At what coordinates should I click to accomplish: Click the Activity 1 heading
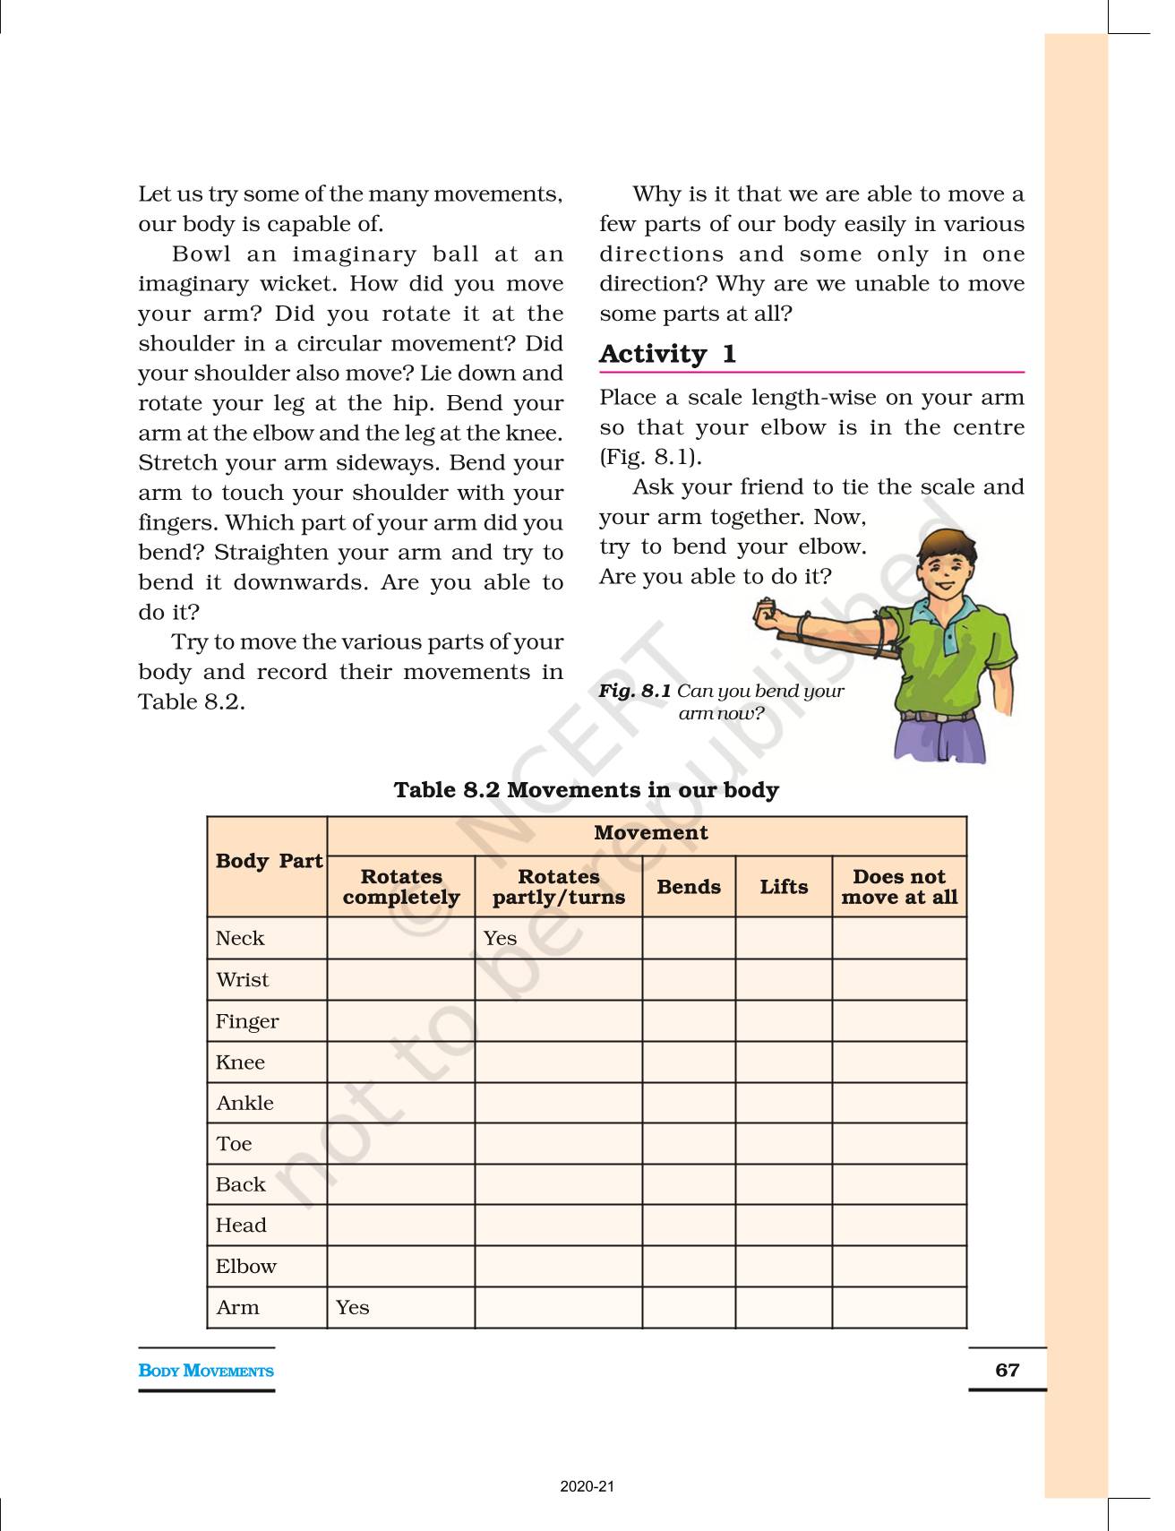click(667, 354)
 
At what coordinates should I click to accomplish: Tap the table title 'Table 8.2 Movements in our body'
click(586, 789)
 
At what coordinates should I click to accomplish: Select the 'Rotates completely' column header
click(401, 886)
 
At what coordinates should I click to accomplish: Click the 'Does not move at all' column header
click(899, 886)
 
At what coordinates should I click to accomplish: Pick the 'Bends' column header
click(688, 886)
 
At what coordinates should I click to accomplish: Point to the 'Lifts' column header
click(784, 886)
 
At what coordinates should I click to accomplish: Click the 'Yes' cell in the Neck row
click(500, 938)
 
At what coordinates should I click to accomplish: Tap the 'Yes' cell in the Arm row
click(352, 1307)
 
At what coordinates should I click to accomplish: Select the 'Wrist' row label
click(242, 979)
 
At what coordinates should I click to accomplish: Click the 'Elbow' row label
click(245, 1266)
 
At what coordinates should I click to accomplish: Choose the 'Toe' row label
click(234, 1143)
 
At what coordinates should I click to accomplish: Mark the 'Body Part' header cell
click(268, 861)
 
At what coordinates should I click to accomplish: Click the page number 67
click(1007, 1369)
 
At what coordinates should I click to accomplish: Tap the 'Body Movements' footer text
click(206, 1370)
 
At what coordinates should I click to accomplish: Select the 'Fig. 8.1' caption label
click(634, 691)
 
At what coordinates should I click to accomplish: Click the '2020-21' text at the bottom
click(587, 1486)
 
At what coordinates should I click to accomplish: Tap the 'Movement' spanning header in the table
click(650, 832)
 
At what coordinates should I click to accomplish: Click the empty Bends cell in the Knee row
click(688, 1062)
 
